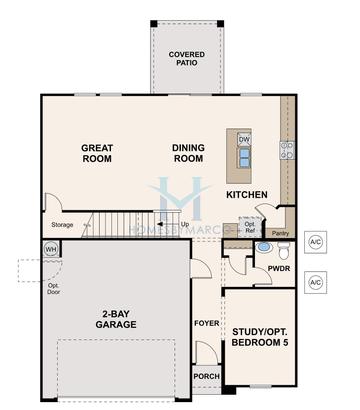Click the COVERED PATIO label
pos(187,58)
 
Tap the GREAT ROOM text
pos(97,153)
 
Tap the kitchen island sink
pos(244,157)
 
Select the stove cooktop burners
pos(287,150)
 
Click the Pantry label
pos(281,232)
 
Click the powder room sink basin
pos(263,245)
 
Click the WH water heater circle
pos(50,249)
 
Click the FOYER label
pos(206,323)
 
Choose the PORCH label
pos(206,376)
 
